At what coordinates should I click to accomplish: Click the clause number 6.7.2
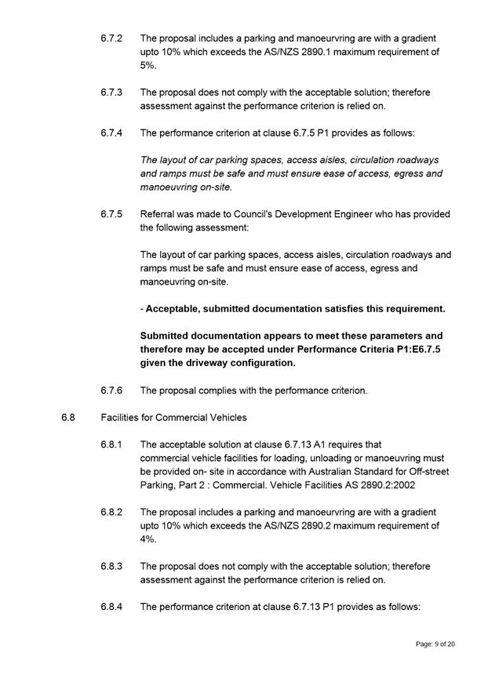[111, 38]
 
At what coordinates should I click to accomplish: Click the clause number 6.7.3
[111, 93]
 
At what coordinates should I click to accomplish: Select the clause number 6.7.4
[111, 133]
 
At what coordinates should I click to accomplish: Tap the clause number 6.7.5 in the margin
[111, 214]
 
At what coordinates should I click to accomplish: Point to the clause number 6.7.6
[111, 390]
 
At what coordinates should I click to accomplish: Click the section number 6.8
[68, 417]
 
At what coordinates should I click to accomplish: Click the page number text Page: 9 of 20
[435, 644]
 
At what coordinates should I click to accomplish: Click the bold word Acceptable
[175, 309]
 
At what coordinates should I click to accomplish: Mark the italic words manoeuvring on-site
[186, 187]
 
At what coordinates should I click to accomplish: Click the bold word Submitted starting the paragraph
[167, 336]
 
